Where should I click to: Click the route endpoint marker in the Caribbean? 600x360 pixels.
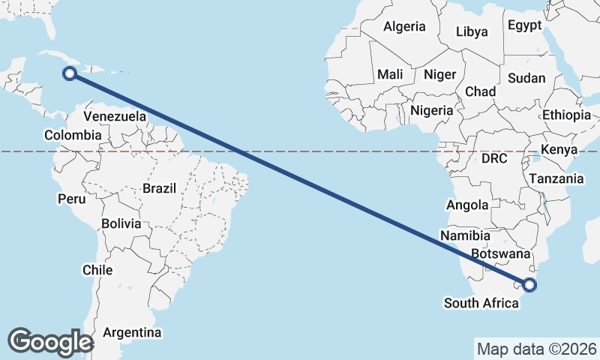[70, 73]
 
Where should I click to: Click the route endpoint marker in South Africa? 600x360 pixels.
[529, 284]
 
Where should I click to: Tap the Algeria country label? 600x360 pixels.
[404, 26]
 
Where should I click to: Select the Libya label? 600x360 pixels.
[472, 31]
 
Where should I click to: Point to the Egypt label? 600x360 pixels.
[524, 25]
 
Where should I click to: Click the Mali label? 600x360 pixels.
[390, 74]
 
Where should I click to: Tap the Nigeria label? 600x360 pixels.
[432, 110]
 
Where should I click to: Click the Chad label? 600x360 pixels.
[480, 91]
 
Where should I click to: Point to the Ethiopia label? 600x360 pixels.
[566, 115]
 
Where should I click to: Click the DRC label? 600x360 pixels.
[494, 158]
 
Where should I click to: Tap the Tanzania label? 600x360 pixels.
[556, 178]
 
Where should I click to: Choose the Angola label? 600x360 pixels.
[467, 205]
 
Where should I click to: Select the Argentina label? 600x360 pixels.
[132, 331]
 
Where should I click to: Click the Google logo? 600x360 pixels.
[50, 341]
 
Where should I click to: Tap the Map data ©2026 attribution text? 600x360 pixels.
[537, 349]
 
